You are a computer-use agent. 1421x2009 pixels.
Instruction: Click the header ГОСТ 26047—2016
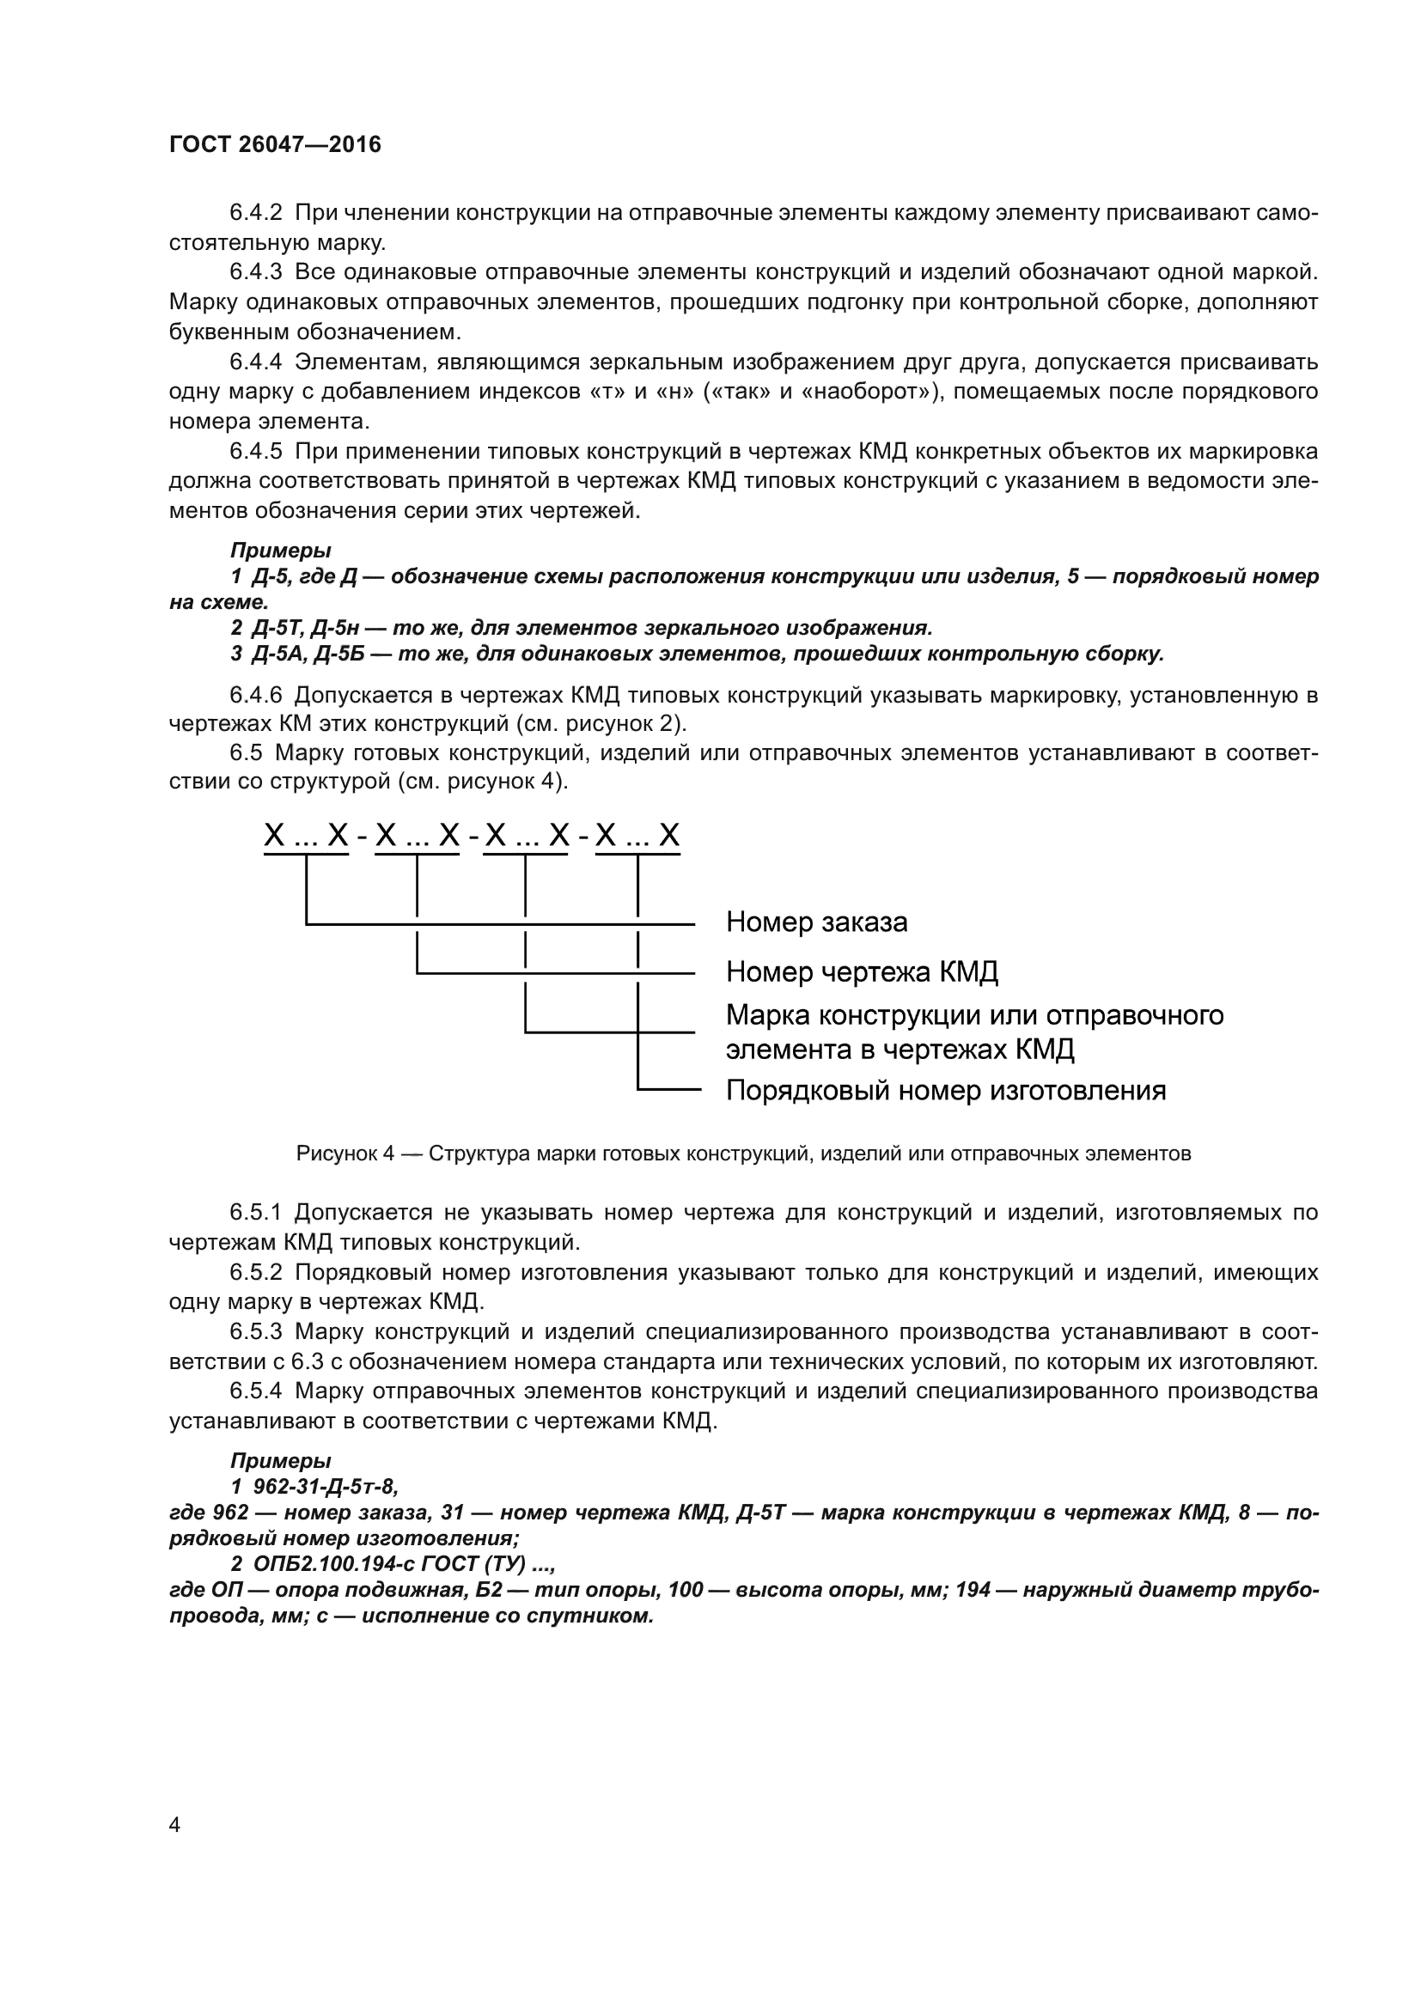click(x=275, y=145)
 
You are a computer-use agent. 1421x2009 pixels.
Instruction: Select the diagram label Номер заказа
click(x=816, y=922)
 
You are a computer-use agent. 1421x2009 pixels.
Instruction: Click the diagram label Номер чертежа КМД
click(x=862, y=972)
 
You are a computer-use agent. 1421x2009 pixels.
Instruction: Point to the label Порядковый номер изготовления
click(x=945, y=1091)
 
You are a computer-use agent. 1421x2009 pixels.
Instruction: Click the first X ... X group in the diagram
click(x=306, y=837)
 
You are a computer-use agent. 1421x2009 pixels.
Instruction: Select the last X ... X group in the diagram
click(x=637, y=837)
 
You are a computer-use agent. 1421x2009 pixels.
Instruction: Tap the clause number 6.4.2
click(x=255, y=213)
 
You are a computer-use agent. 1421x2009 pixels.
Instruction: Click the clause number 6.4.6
click(x=255, y=696)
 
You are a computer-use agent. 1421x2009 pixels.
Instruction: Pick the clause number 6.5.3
click(x=255, y=1332)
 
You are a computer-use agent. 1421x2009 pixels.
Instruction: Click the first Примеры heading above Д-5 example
click(x=280, y=551)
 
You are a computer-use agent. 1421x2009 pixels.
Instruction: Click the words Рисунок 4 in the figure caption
click(x=345, y=1154)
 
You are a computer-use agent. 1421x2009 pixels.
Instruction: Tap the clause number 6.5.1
click(x=255, y=1213)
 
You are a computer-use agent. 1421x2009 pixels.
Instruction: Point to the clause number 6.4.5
click(x=255, y=452)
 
